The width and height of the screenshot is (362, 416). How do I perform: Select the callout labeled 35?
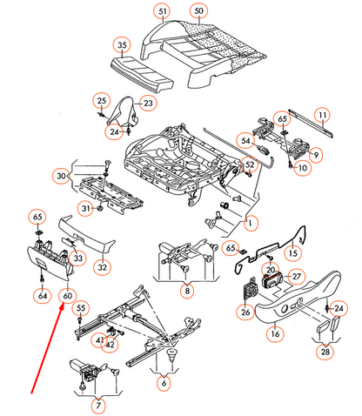[x=121, y=44]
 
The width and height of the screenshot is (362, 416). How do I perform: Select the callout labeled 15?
[x=292, y=253]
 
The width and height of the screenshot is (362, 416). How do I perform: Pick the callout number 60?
[x=66, y=296]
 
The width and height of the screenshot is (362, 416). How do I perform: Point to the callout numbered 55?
[x=81, y=309]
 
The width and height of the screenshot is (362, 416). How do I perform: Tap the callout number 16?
[x=274, y=332]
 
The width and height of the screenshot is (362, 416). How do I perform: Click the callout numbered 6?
[x=164, y=381]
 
